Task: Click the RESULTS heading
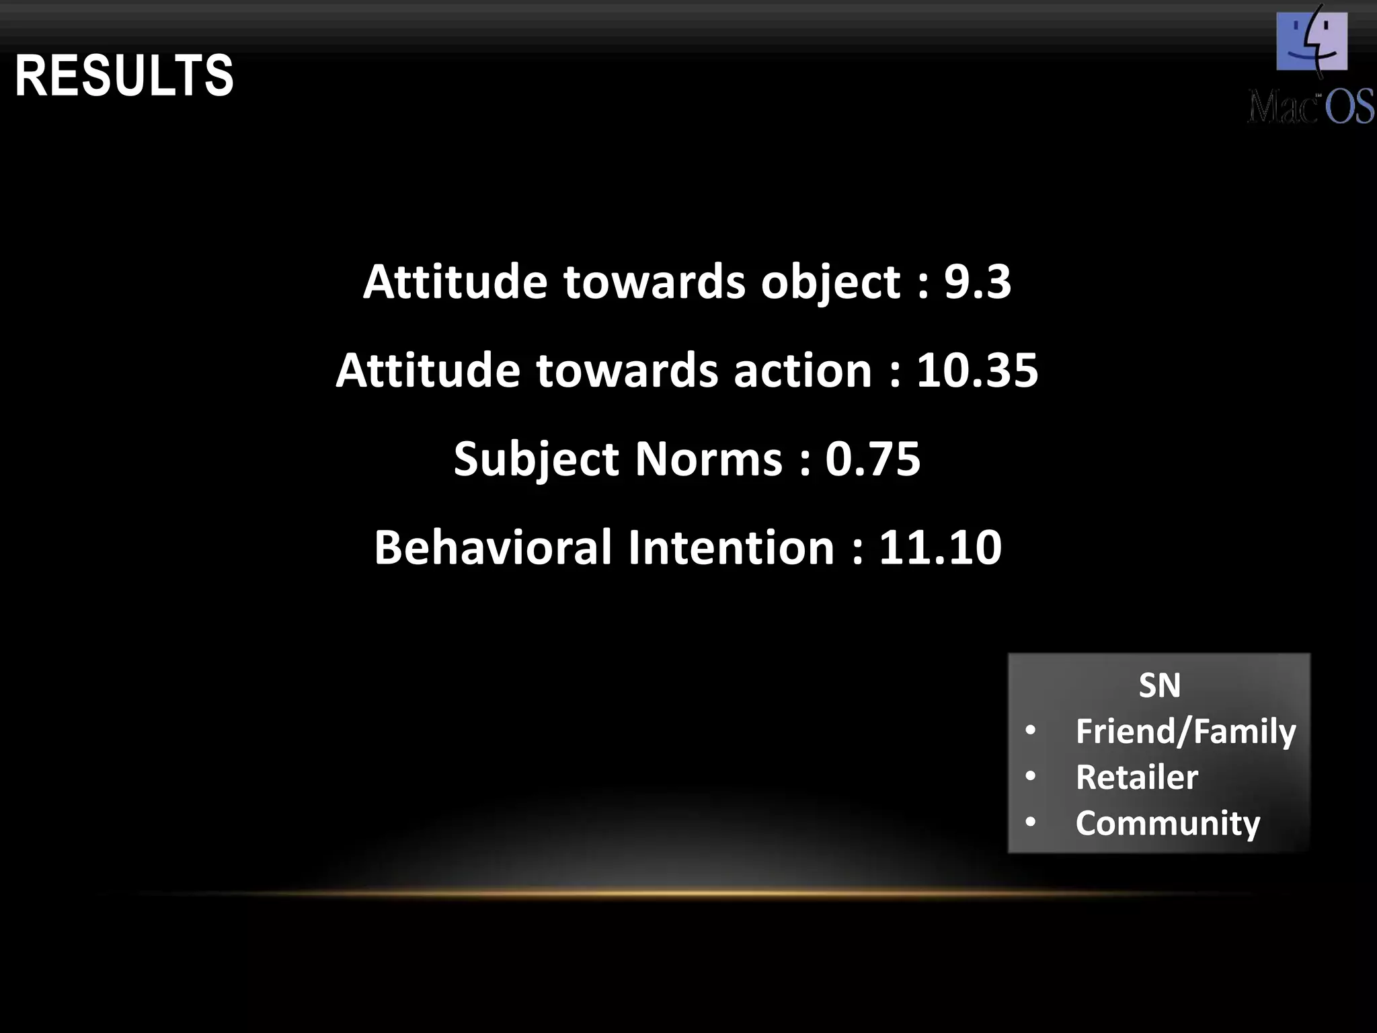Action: point(124,76)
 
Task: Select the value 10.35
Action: point(978,370)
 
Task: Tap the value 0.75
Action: point(873,459)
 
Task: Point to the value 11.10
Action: point(940,547)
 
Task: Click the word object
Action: point(830,282)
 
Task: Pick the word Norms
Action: point(709,459)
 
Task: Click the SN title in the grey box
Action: point(1159,685)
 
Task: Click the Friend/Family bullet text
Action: point(1185,731)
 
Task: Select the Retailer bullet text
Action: point(1136,777)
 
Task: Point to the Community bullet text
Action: point(1167,823)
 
